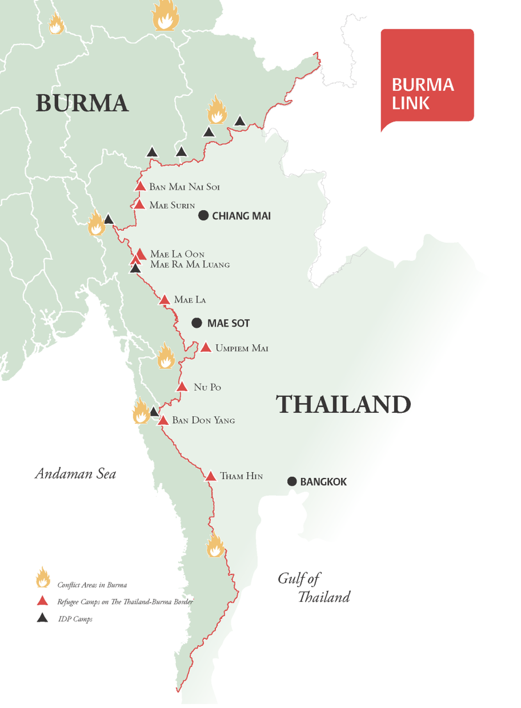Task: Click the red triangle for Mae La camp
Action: point(165,300)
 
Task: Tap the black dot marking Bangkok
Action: point(292,481)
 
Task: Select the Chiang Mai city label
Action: point(241,216)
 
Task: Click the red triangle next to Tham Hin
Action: point(210,476)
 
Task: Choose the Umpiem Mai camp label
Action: point(242,349)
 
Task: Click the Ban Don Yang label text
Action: point(203,421)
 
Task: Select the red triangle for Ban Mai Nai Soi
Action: point(140,186)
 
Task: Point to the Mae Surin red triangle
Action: point(139,205)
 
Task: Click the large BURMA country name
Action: point(82,103)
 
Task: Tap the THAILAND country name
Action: point(343,405)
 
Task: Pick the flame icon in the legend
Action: point(43,578)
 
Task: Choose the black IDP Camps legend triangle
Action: point(43,618)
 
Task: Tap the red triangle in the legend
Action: point(43,601)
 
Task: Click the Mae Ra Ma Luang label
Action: point(190,265)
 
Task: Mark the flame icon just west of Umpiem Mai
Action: point(166,356)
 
